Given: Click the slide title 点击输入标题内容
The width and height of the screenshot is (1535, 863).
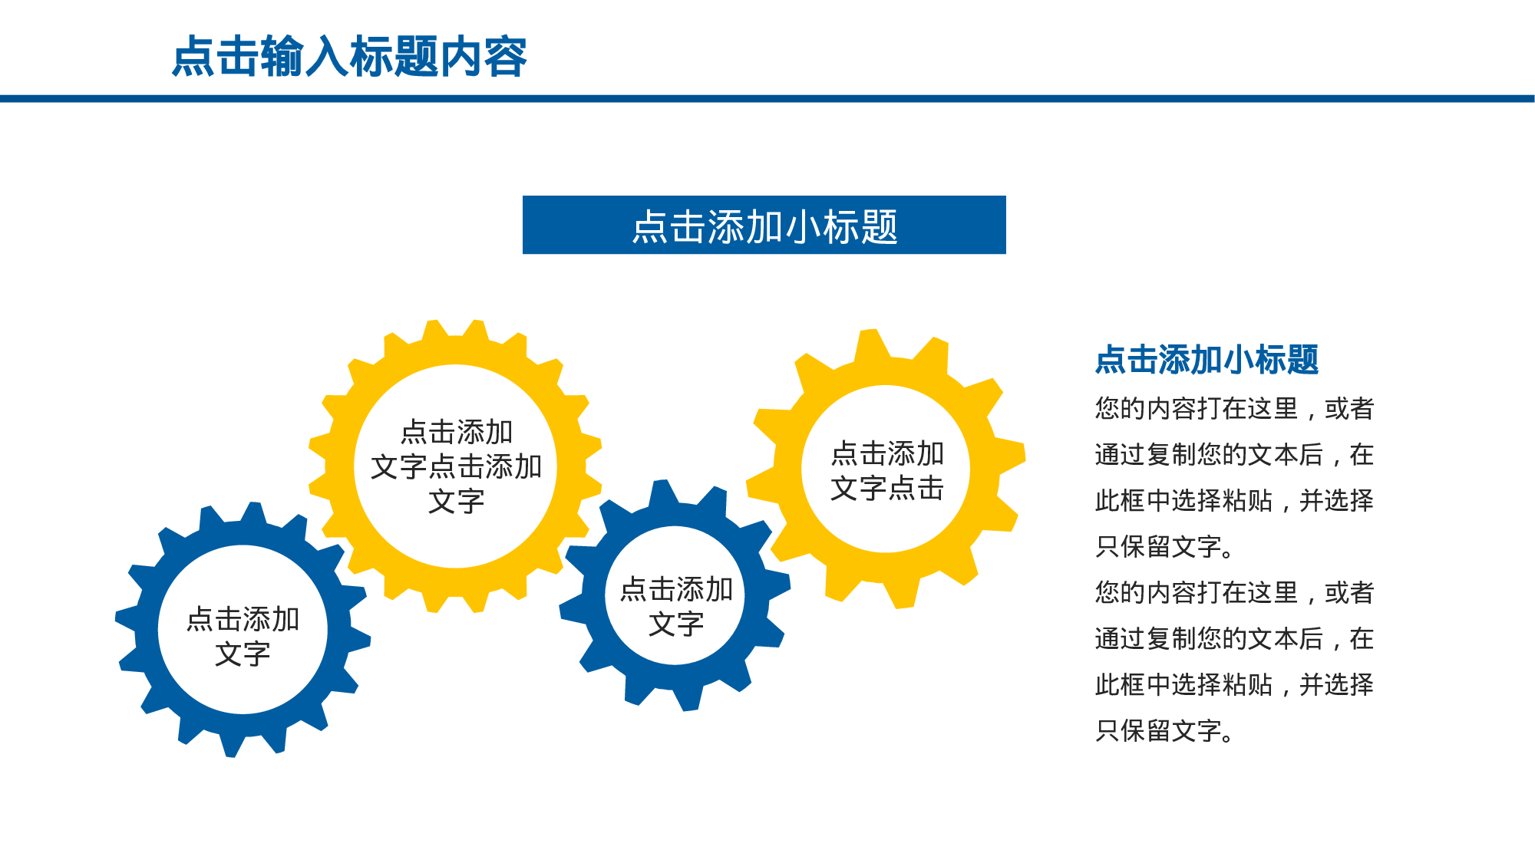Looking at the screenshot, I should pos(349,57).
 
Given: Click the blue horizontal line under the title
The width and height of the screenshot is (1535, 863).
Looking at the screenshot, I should pos(767,99).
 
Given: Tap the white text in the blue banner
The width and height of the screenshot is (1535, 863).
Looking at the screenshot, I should pos(764,226).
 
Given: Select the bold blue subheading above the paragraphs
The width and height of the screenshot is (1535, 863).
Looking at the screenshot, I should pos(1207,360).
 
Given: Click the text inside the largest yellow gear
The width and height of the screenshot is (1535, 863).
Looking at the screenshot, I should pos(456,466).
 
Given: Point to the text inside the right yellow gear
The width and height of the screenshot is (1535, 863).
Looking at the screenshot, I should pos(887,470).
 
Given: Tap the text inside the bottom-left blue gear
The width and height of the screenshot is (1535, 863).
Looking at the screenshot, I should pos(243,636).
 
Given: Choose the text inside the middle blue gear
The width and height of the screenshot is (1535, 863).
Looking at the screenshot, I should pos(676,606).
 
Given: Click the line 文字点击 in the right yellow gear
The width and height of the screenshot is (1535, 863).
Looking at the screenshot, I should pos(887,488).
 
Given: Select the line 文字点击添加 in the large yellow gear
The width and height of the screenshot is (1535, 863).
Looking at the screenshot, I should pos(456,466).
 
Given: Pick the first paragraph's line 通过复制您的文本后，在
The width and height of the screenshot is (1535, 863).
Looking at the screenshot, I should pos(1234,455).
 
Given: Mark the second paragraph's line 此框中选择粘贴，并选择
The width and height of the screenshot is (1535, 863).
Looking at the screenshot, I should pos(1234,685).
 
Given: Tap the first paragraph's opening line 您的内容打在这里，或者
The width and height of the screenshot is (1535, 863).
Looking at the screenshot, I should pos(1234,409).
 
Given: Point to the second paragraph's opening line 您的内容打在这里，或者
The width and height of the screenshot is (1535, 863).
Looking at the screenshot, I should pos(1234,593).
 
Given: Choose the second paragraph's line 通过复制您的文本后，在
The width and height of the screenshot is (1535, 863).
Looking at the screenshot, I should pos(1234,639).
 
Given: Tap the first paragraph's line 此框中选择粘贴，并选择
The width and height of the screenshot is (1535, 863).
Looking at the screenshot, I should pos(1234,501).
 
